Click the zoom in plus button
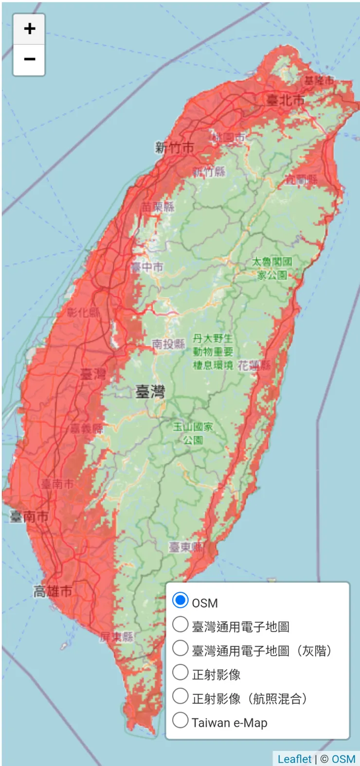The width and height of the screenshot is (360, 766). pyautogui.click(x=29, y=29)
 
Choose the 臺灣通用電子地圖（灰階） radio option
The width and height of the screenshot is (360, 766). pyautogui.click(x=180, y=648)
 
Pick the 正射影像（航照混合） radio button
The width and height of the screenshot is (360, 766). pyautogui.click(x=180, y=696)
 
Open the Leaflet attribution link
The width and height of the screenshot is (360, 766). pyautogui.click(x=294, y=759)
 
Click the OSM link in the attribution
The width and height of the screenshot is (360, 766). pyautogui.click(x=343, y=759)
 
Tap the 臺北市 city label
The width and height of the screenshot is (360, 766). pyautogui.click(x=286, y=100)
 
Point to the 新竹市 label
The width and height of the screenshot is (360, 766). pyautogui.click(x=174, y=147)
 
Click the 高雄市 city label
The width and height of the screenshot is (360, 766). pyautogui.click(x=53, y=591)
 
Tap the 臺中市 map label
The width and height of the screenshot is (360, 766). pyautogui.click(x=147, y=267)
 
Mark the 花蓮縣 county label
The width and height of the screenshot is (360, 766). pyautogui.click(x=254, y=366)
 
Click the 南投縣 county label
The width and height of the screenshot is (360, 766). pyautogui.click(x=168, y=344)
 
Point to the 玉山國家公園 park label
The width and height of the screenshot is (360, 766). pyautogui.click(x=193, y=433)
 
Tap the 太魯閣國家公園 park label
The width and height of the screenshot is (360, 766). pyautogui.click(x=272, y=268)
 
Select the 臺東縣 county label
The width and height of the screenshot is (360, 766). pyautogui.click(x=186, y=547)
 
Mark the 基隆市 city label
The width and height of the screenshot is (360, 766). pyautogui.click(x=319, y=80)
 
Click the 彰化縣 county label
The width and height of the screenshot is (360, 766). pyautogui.click(x=83, y=312)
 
